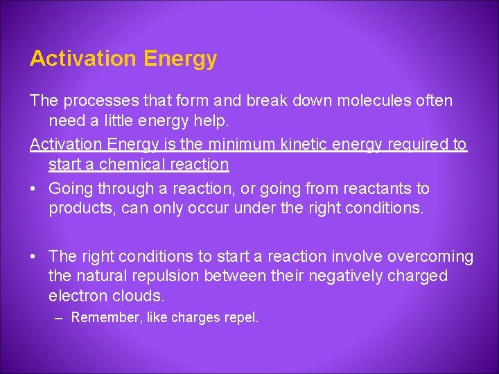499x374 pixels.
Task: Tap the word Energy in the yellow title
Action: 180,59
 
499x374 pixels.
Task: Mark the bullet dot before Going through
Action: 34,188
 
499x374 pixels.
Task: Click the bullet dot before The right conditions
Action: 34,257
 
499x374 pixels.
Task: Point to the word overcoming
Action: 430,257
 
